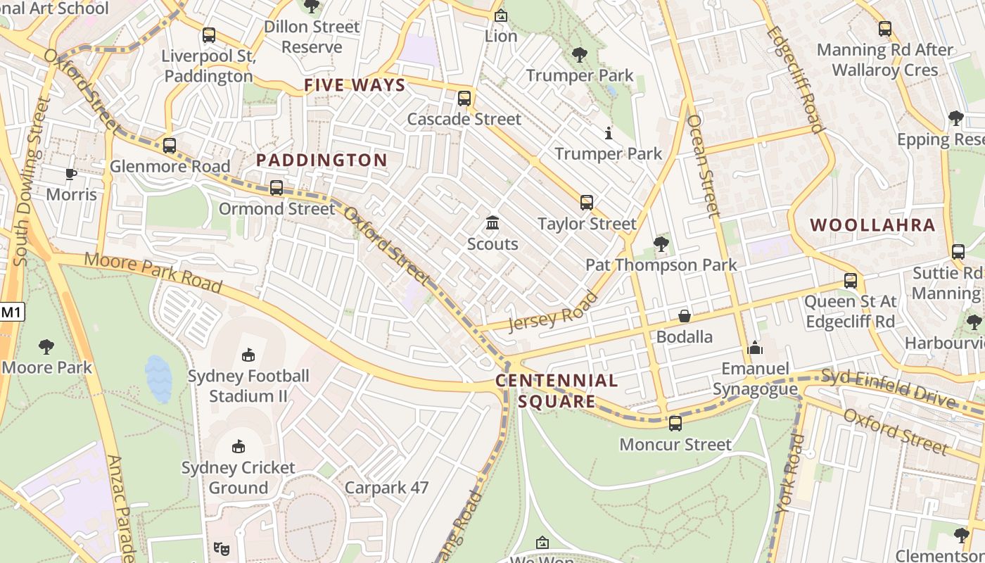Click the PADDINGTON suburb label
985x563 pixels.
click(x=322, y=160)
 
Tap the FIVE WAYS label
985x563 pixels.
click(x=355, y=86)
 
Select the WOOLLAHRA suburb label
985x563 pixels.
click(x=872, y=225)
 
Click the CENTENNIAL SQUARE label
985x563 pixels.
click(x=557, y=391)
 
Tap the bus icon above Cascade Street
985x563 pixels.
click(x=464, y=99)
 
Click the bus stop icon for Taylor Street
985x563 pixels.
click(x=587, y=203)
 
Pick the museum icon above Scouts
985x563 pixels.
click(x=493, y=223)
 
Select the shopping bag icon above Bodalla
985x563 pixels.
click(x=684, y=316)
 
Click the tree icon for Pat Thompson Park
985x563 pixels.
click(x=661, y=244)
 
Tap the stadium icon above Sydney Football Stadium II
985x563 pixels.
click(x=248, y=355)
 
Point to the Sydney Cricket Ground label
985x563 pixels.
click(x=238, y=477)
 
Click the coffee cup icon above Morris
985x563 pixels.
click(x=71, y=173)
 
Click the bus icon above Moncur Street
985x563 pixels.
click(x=675, y=424)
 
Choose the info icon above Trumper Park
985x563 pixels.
click(x=609, y=132)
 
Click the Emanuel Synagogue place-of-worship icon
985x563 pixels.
click(x=755, y=348)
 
